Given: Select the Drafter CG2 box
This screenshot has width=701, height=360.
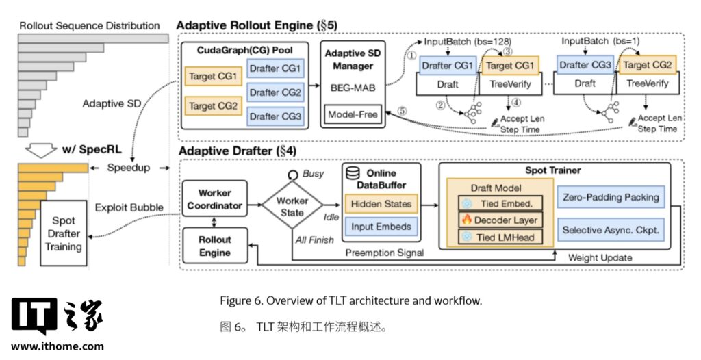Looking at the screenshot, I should (x=275, y=92).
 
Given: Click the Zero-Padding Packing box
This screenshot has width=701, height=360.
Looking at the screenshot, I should (x=609, y=197).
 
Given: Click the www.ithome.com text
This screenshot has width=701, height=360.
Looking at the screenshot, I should (x=58, y=346).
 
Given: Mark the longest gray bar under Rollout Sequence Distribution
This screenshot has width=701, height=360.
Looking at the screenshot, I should (x=92, y=37).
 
